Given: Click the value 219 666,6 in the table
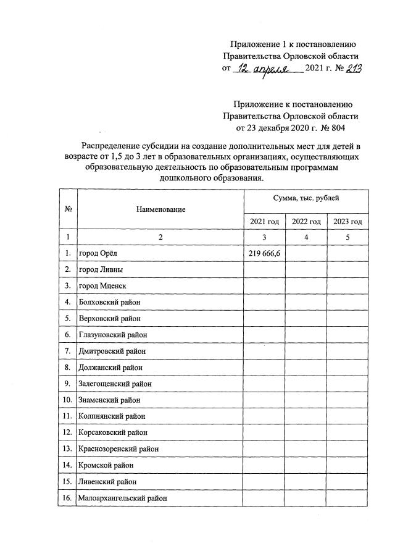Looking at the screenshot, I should [x=264, y=253].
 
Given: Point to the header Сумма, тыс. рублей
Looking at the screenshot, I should [x=306, y=199].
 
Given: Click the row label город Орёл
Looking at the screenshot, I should [x=98, y=253].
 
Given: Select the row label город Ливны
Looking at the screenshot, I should [x=101, y=269].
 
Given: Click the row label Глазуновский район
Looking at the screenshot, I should [x=113, y=335].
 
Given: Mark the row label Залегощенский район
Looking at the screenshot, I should [x=115, y=384].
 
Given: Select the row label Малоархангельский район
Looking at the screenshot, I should [x=123, y=497].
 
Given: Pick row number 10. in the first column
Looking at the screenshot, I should [x=67, y=400].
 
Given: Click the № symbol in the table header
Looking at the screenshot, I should [x=67, y=210].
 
